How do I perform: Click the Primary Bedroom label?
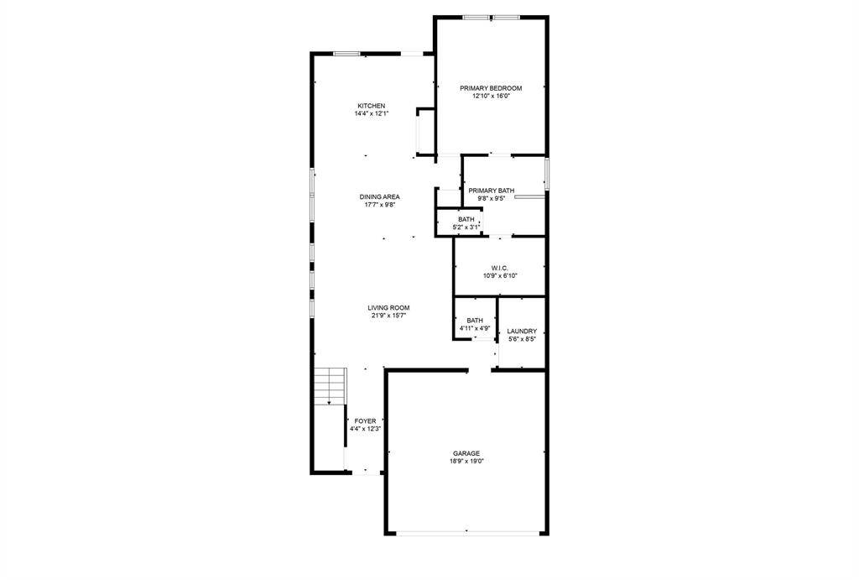click(491, 88)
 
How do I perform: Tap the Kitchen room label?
click(371, 106)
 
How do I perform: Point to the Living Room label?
click(389, 308)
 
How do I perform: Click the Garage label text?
click(467, 453)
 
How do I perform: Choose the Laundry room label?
click(522, 332)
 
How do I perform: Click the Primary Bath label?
click(492, 191)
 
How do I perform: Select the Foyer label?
click(365, 421)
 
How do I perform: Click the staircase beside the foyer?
click(330, 386)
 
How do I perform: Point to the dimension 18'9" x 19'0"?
click(467, 461)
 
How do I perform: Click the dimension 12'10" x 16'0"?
click(491, 97)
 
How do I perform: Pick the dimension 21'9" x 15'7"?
click(389, 316)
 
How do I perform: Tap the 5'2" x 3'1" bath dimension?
click(466, 227)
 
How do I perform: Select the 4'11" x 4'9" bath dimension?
click(475, 328)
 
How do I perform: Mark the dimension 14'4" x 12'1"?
click(371, 113)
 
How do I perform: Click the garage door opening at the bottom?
click(467, 533)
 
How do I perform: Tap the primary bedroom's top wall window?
click(492, 17)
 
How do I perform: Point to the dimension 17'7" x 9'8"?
click(380, 204)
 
